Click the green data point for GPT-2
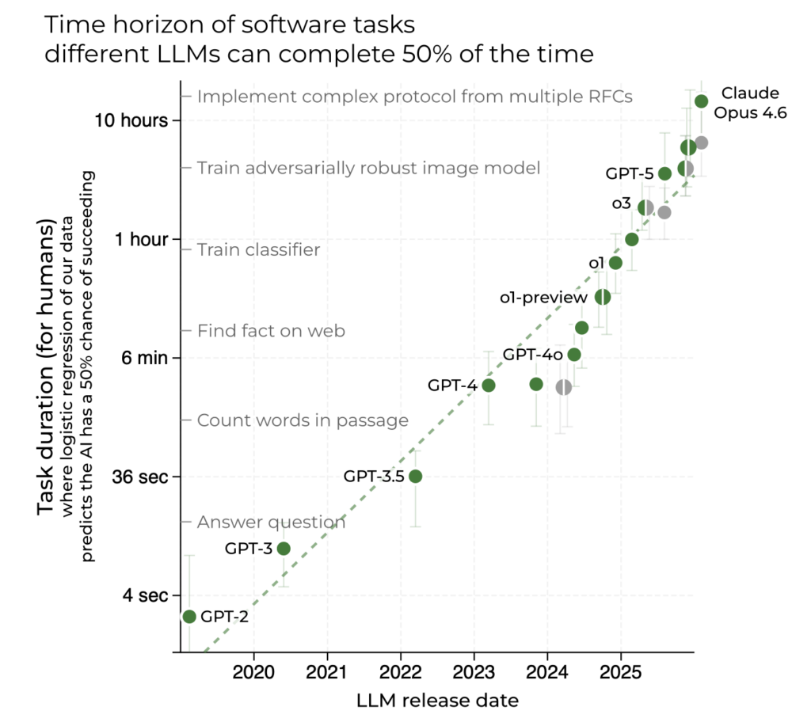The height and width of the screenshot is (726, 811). pos(188,617)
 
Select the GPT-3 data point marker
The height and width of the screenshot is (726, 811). pos(284,549)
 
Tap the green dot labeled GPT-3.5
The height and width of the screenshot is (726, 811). pos(415,476)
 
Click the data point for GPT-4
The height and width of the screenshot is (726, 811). pos(489,386)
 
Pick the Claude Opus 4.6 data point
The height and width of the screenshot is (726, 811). pos(701,101)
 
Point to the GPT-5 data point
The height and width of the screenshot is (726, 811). pos(665,173)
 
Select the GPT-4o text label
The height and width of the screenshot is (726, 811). pos(533,355)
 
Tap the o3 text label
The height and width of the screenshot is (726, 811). pos(621,204)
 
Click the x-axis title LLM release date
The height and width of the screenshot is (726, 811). pos(437,701)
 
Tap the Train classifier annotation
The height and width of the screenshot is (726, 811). pos(258,250)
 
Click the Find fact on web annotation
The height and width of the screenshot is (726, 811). pos(271,331)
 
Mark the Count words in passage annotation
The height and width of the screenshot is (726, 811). pos(303,420)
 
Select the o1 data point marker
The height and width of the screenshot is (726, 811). pos(615,263)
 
